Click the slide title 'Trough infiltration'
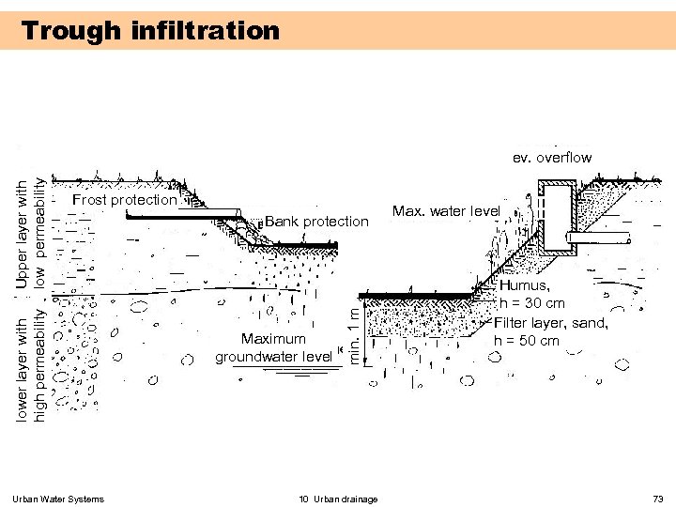coord(151,31)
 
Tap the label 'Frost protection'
coord(124,199)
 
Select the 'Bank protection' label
coord(316,221)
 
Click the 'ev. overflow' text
coord(552,158)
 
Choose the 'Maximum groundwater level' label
coord(273,347)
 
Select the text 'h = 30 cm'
coord(531,303)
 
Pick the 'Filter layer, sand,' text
coord(551,322)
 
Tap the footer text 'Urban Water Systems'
coord(59,499)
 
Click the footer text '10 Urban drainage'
coord(338,499)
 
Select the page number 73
coord(657,499)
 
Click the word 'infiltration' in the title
coord(207,31)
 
